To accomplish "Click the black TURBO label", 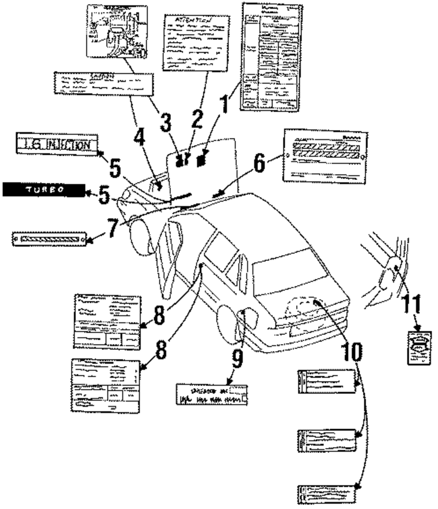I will pyautogui.click(x=44, y=189).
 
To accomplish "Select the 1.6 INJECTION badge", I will pyautogui.click(x=57, y=143).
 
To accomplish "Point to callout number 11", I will pyautogui.click(x=412, y=304).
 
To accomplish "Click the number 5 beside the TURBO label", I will pyautogui.click(x=104, y=196).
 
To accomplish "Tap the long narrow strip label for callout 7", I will pyautogui.click(x=49, y=239).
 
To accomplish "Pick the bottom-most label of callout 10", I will pyautogui.click(x=326, y=495).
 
